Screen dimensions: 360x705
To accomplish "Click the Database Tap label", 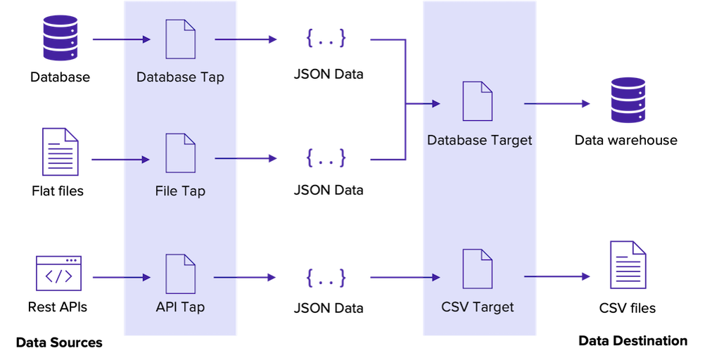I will pyautogui.click(x=180, y=77).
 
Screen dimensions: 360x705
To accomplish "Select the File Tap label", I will pyautogui.click(x=180, y=191).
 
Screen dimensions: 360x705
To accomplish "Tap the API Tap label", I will pyautogui.click(x=180, y=307).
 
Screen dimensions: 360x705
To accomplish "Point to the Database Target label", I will pyautogui.click(x=479, y=141).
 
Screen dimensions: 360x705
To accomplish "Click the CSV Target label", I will pyautogui.click(x=478, y=307).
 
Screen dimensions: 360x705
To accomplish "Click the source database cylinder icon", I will pyautogui.click(x=61, y=39).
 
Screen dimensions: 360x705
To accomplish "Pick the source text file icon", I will pyautogui.click(x=61, y=152).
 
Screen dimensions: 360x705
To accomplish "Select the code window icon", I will pyautogui.click(x=59, y=274).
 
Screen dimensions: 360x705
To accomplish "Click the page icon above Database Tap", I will pyautogui.click(x=181, y=39).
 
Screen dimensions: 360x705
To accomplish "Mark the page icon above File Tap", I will pyautogui.click(x=181, y=153).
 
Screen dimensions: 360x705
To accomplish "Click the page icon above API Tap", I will pyautogui.click(x=181, y=275).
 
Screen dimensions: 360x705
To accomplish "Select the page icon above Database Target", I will pyautogui.click(x=477, y=101).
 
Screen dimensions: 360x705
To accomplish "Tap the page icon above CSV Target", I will pyautogui.click(x=477, y=268).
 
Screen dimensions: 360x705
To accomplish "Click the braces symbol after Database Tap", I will pyautogui.click(x=326, y=39).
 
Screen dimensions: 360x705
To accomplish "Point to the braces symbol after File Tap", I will pyautogui.click(x=326, y=158).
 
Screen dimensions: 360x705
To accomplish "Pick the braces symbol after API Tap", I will pyautogui.click(x=326, y=278).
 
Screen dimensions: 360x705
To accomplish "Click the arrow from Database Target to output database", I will pyautogui.click(x=557, y=104).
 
